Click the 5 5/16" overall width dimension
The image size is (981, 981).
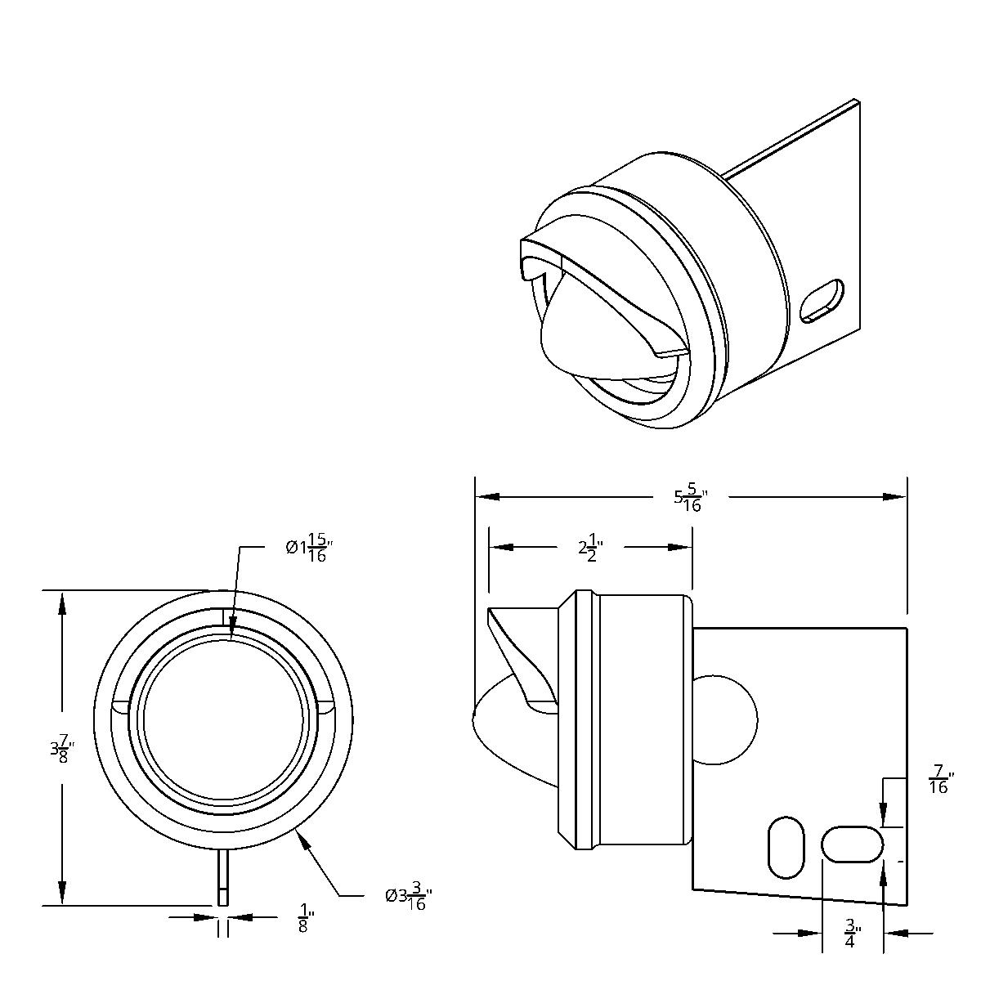[x=692, y=500]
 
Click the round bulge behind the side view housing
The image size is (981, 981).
[x=725, y=719]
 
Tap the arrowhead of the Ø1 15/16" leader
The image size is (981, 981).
[x=232, y=626]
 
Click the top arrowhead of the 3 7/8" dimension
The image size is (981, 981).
[x=62, y=602]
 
